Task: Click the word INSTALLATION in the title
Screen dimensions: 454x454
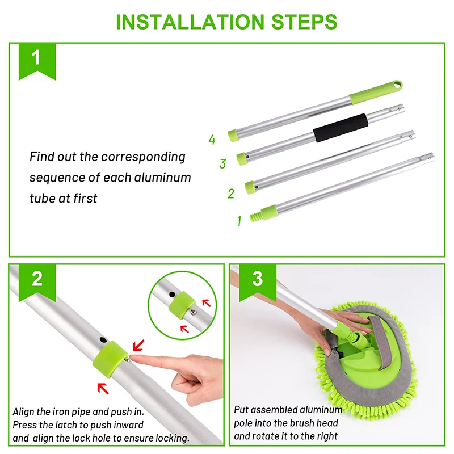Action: (190, 22)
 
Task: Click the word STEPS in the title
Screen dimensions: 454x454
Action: (304, 22)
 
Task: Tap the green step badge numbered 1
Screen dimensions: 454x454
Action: (37, 61)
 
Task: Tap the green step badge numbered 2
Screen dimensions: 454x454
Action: (37, 283)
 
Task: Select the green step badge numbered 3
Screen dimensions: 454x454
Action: (258, 283)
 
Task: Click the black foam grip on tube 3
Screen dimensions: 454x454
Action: (341, 128)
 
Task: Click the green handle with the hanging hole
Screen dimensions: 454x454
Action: (376, 93)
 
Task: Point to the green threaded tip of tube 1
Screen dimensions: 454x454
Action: (255, 217)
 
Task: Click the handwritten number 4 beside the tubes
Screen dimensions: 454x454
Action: (212, 140)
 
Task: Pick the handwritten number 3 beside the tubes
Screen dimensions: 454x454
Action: (222, 163)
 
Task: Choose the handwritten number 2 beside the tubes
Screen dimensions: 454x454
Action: (231, 194)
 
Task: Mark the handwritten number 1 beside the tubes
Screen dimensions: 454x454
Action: (239, 221)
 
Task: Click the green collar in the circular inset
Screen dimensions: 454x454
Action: (182, 305)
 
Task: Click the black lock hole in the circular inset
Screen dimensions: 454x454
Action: (172, 295)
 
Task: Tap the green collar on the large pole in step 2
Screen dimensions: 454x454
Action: (110, 359)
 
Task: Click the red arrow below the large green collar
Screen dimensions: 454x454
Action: (103, 388)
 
